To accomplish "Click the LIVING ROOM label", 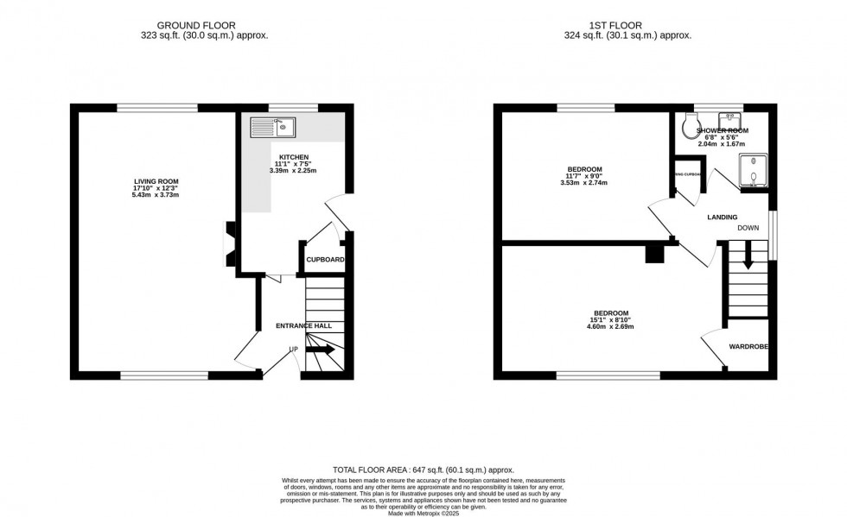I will pos(156,181).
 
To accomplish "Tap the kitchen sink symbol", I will pos(272,128).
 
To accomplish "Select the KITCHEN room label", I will pos(293,157).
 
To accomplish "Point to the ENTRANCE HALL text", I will pos(303,325).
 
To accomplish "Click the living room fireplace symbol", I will pos(230,243).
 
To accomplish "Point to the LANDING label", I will pos(722,218).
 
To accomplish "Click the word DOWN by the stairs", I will pos(748,229).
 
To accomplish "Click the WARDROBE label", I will pos(748,347).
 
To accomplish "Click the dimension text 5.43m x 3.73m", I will pos(156,195).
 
